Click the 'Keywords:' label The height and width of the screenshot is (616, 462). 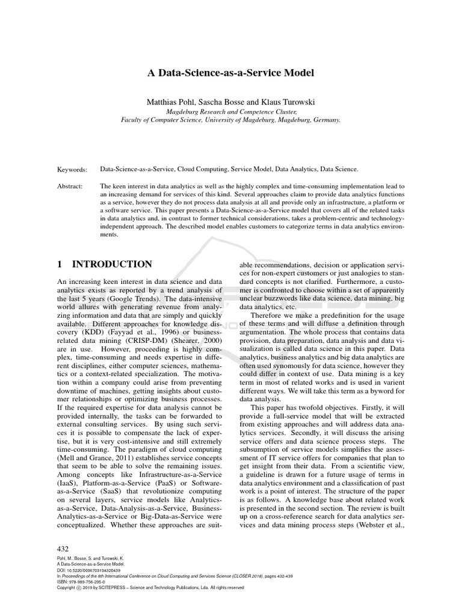click(72, 170)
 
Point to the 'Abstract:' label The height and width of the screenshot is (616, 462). click(70, 186)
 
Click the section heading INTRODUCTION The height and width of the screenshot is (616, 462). click(112, 264)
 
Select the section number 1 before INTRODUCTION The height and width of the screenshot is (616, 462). click(60, 264)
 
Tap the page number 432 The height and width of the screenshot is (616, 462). click(63, 549)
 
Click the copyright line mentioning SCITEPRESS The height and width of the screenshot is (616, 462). click(150, 587)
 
